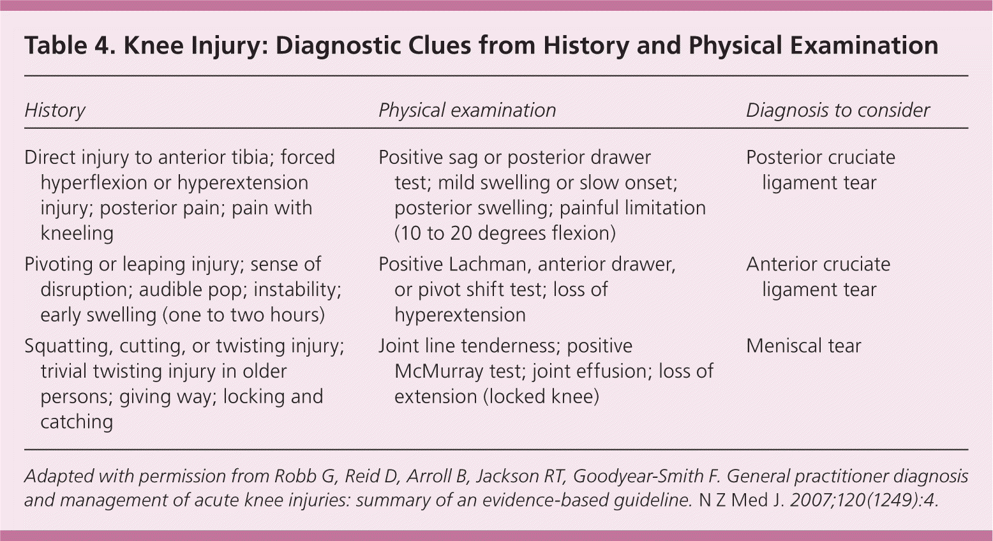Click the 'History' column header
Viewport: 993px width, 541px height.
[x=55, y=110]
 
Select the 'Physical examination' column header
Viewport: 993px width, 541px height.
[x=467, y=110]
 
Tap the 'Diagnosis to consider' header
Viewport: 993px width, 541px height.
[x=837, y=110]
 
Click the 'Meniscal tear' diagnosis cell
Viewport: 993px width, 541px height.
[x=803, y=346]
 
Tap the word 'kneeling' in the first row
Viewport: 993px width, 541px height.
[x=77, y=233]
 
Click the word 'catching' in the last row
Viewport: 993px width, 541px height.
[x=77, y=422]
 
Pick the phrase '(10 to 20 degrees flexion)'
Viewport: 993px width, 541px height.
[x=505, y=233]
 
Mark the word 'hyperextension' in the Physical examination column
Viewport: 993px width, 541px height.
[x=459, y=315]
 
